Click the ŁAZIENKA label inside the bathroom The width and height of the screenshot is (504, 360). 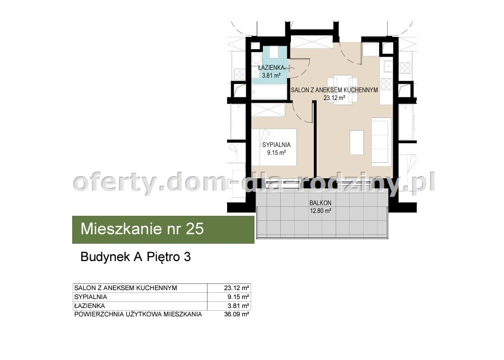271,68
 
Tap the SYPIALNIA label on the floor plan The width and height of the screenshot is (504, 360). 276,145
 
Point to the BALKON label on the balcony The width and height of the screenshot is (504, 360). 321,203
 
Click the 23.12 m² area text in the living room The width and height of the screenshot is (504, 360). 335,98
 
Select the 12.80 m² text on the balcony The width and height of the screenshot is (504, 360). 321,211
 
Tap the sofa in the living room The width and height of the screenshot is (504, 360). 381,141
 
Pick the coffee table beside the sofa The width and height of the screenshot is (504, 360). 356,142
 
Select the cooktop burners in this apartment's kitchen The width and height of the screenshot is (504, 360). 386,84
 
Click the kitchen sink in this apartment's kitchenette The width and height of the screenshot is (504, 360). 387,67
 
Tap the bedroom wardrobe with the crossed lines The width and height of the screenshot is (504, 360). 268,110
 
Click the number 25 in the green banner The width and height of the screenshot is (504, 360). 195,229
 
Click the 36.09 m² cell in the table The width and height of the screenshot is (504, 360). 237,314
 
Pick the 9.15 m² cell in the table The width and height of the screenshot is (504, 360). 238,297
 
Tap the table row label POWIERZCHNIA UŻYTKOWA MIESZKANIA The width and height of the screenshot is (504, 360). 138,314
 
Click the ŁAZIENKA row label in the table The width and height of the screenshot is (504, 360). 90,306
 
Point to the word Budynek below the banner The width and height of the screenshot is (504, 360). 105,257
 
